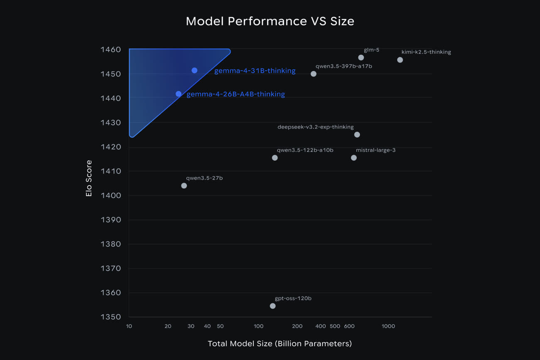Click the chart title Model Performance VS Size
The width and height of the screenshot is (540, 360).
click(x=270, y=21)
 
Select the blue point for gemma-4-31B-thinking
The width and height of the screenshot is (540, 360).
click(x=194, y=71)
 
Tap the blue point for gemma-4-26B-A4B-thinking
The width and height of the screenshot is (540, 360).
click(x=179, y=94)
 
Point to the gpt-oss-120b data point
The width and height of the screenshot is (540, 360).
click(x=272, y=306)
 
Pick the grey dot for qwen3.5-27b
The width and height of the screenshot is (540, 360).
click(x=184, y=186)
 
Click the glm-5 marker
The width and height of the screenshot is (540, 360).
click(x=361, y=58)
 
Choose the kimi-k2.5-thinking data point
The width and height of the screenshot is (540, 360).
click(x=400, y=60)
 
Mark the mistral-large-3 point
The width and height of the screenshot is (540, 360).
click(x=354, y=158)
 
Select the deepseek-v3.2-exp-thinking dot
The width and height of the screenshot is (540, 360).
click(x=357, y=135)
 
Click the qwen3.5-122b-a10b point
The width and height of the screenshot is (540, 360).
click(x=275, y=158)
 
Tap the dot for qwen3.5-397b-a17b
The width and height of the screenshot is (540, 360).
click(x=314, y=74)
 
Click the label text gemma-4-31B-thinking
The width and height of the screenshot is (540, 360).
click(x=255, y=71)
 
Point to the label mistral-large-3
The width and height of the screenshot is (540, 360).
click(x=376, y=150)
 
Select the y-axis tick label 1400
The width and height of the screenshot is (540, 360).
click(x=110, y=195)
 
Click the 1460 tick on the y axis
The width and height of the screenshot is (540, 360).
click(x=110, y=50)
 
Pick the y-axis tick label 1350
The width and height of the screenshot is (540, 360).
click(x=110, y=317)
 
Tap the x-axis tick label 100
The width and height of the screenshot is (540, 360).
click(x=259, y=326)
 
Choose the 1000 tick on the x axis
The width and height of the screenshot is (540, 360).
click(x=388, y=326)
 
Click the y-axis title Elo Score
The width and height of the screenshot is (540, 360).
click(x=89, y=178)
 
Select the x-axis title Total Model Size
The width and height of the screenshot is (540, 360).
click(x=280, y=344)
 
